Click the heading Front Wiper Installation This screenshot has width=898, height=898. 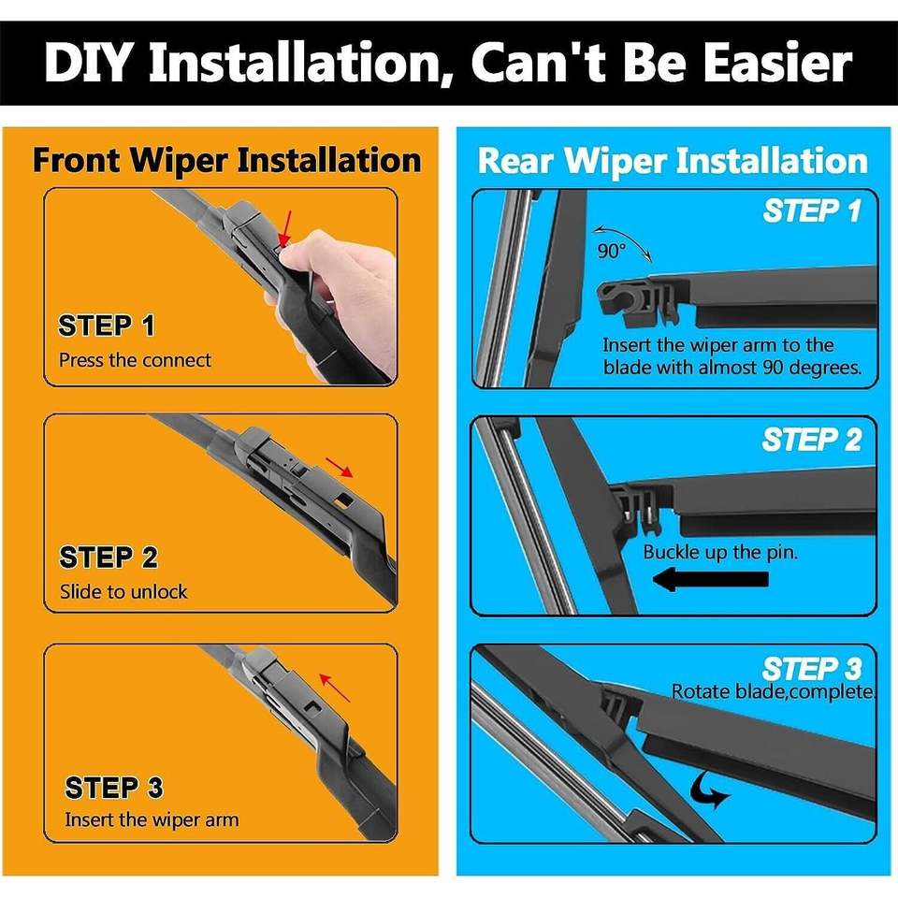pyautogui.click(x=226, y=161)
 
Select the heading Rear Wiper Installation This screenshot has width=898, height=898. pyautogui.click(x=673, y=161)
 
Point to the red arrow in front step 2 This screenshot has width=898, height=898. pyautogui.click(x=339, y=467)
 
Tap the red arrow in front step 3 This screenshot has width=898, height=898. pyautogui.click(x=335, y=688)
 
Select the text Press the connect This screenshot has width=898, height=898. pyautogui.click(x=135, y=360)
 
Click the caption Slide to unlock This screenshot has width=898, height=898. pyautogui.click(x=123, y=591)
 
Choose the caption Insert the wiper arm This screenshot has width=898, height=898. pyautogui.click(x=152, y=819)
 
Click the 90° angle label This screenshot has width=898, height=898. pyautogui.click(x=612, y=251)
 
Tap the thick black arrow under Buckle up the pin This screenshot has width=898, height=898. pyautogui.click(x=711, y=579)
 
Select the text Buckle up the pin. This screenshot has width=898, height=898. pyautogui.click(x=720, y=552)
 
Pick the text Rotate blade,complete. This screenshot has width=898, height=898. pyautogui.click(x=774, y=692)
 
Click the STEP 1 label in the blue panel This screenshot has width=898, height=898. pyautogui.click(x=812, y=210)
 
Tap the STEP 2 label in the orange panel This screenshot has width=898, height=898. pyautogui.click(x=109, y=558)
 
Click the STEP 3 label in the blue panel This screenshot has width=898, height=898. pyautogui.click(x=812, y=668)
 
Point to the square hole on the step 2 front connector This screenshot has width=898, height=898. pyautogui.click(x=345, y=499)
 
